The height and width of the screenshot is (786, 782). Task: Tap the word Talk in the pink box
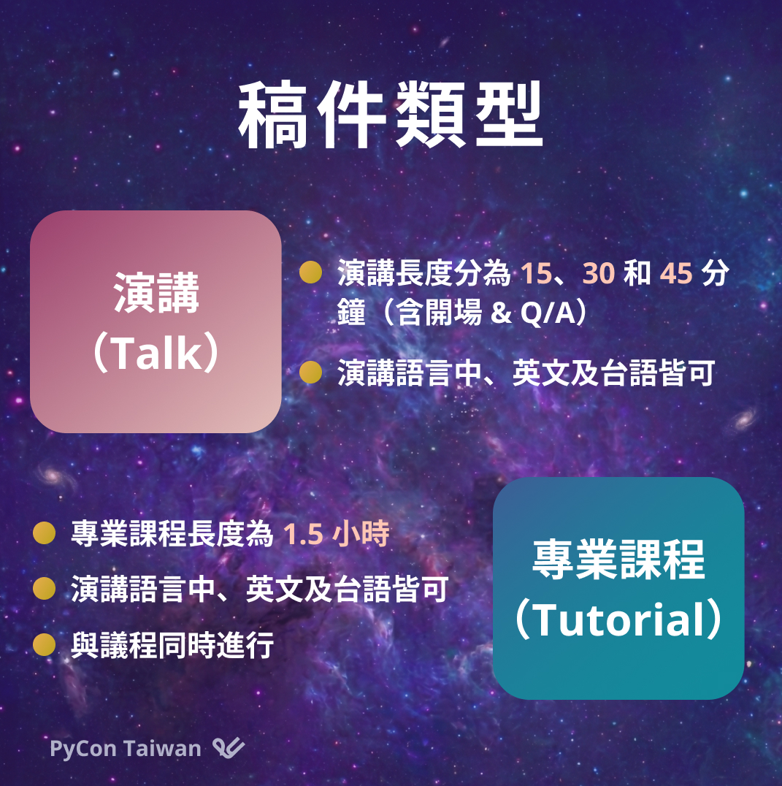pyautogui.click(x=156, y=354)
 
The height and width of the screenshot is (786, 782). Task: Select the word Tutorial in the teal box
pyautogui.click(x=618, y=619)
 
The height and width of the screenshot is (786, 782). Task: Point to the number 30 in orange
pyautogui.click(x=599, y=274)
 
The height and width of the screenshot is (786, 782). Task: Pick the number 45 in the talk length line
pyautogui.click(x=676, y=274)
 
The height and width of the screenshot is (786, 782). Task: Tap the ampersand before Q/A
pyautogui.click(x=501, y=313)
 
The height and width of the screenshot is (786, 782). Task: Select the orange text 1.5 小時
pyautogui.click(x=336, y=533)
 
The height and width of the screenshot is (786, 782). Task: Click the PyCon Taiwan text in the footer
pyautogui.click(x=126, y=749)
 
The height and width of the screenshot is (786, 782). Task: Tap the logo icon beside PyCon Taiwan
pyautogui.click(x=229, y=747)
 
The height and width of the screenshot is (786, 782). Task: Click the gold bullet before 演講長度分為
pyautogui.click(x=310, y=272)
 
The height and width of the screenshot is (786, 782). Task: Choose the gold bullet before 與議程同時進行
pyautogui.click(x=44, y=644)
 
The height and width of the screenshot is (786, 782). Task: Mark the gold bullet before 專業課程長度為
pyautogui.click(x=44, y=533)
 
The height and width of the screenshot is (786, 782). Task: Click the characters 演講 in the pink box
pyautogui.click(x=156, y=293)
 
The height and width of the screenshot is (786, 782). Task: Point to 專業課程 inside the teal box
pyautogui.click(x=618, y=560)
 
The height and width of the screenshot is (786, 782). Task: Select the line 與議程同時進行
pyautogui.click(x=172, y=645)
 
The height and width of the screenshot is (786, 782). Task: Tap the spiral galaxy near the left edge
pyautogui.click(x=53, y=475)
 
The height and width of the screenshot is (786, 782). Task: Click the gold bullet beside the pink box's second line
pyautogui.click(x=310, y=372)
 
